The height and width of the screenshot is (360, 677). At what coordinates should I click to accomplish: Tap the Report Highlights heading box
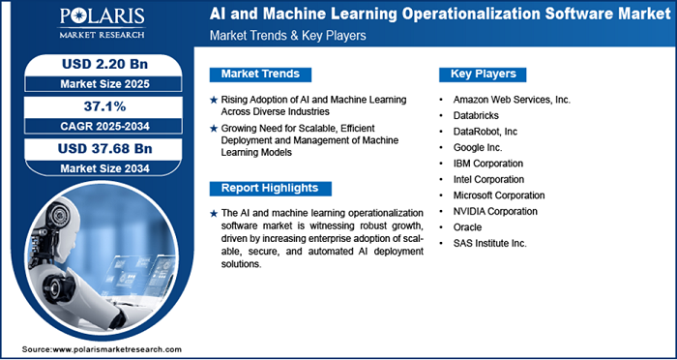click(x=270, y=188)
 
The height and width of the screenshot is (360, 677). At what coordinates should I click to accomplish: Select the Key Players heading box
click(x=483, y=74)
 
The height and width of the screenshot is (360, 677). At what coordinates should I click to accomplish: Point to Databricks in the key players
click(x=480, y=114)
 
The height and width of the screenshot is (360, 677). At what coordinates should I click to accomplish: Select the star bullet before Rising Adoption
click(x=214, y=100)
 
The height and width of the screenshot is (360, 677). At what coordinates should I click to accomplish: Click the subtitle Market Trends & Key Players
click(x=281, y=36)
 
